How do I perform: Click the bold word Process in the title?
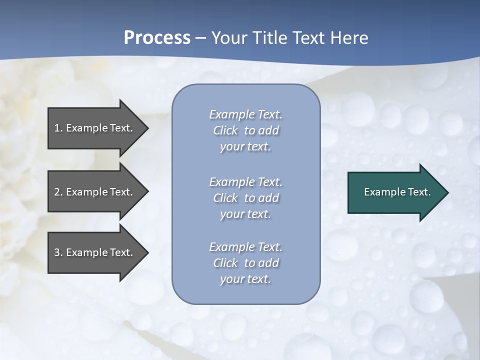(x=157, y=37)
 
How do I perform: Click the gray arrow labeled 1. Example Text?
(x=98, y=128)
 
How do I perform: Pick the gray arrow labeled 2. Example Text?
(x=98, y=191)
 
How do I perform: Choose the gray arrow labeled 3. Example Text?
(x=98, y=252)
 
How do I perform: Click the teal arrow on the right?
(x=398, y=192)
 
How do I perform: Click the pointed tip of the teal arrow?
(x=448, y=192)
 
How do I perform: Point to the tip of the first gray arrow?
(x=148, y=128)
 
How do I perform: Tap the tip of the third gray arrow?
(x=148, y=252)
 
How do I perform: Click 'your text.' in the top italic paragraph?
(x=245, y=147)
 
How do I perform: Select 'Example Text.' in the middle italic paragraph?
(x=245, y=182)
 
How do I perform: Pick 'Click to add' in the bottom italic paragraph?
(x=246, y=262)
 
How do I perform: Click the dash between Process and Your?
(x=200, y=39)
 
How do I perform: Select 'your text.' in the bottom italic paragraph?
(x=245, y=279)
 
